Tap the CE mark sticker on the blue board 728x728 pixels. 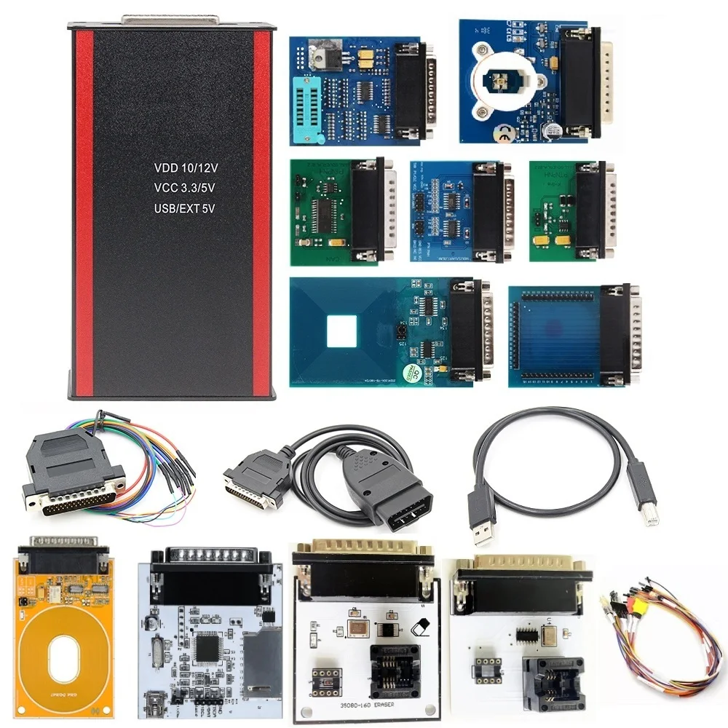tap(502, 132)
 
